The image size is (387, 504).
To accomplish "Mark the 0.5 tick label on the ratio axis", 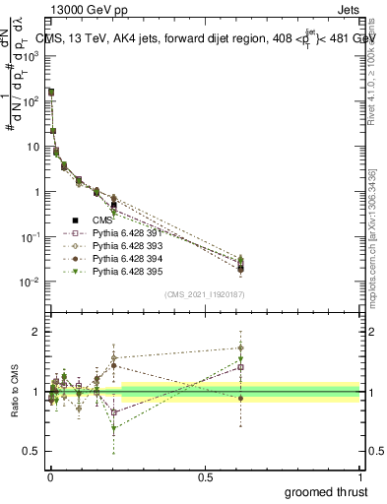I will [32, 453].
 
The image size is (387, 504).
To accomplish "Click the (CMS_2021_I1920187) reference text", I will [204, 293].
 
